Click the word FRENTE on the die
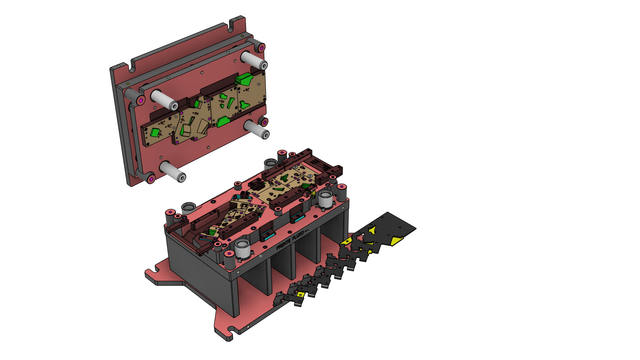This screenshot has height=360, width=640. (284, 245)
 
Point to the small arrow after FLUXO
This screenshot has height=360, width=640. (307, 231)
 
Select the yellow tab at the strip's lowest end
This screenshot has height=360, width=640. (300, 294)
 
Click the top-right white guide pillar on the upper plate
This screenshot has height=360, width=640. (254, 61)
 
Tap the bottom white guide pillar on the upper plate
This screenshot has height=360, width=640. (172, 172)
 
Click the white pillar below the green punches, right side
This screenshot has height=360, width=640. (256, 130)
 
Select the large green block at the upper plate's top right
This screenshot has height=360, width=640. (244, 79)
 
